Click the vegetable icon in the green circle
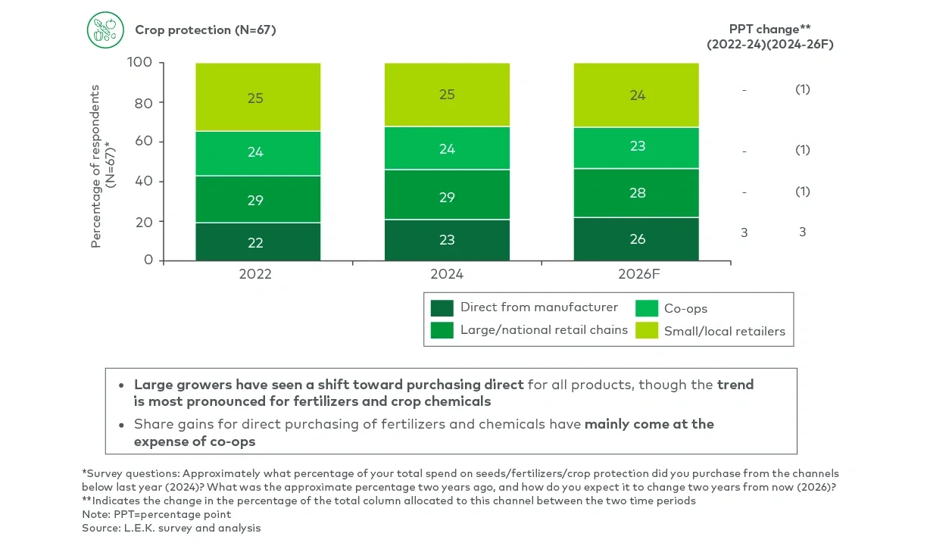[105, 30]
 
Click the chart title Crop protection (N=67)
[205, 30]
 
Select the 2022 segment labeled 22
[255, 242]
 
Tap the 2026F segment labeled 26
[637, 239]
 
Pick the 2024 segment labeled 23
[447, 240]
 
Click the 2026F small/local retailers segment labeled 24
[637, 95]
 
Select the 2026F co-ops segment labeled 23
[637, 146]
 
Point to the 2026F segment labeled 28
[637, 193]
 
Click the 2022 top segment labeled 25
[255, 98]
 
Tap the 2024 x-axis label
[447, 274]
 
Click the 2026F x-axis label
[637, 274]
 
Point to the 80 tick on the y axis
[143, 102]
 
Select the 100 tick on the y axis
[140, 62]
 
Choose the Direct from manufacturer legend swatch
[442, 307]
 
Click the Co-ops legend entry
[685, 308]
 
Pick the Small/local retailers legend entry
[724, 331]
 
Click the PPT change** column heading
[769, 29]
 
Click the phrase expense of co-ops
[195, 441]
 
